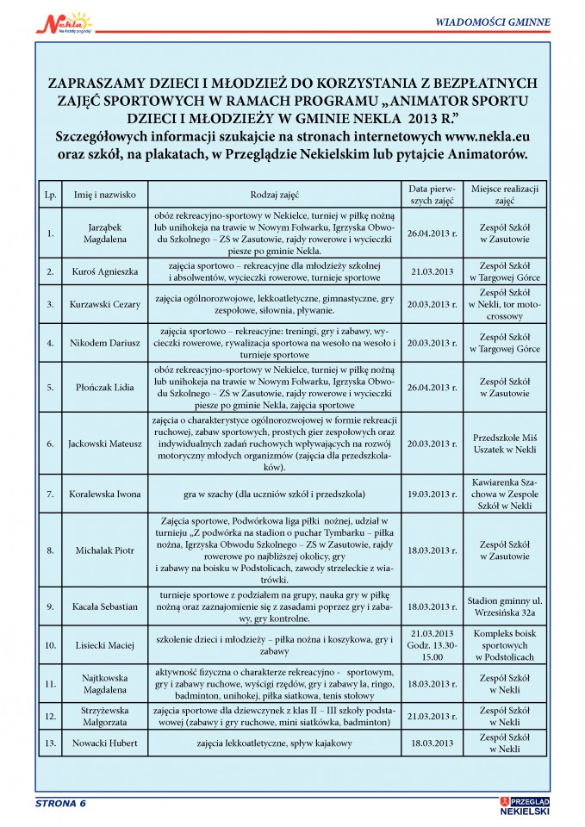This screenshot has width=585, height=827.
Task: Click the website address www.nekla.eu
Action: [x=485, y=136]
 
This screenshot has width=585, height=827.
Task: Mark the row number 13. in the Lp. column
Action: [x=50, y=743]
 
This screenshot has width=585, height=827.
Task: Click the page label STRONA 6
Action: [x=61, y=803]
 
